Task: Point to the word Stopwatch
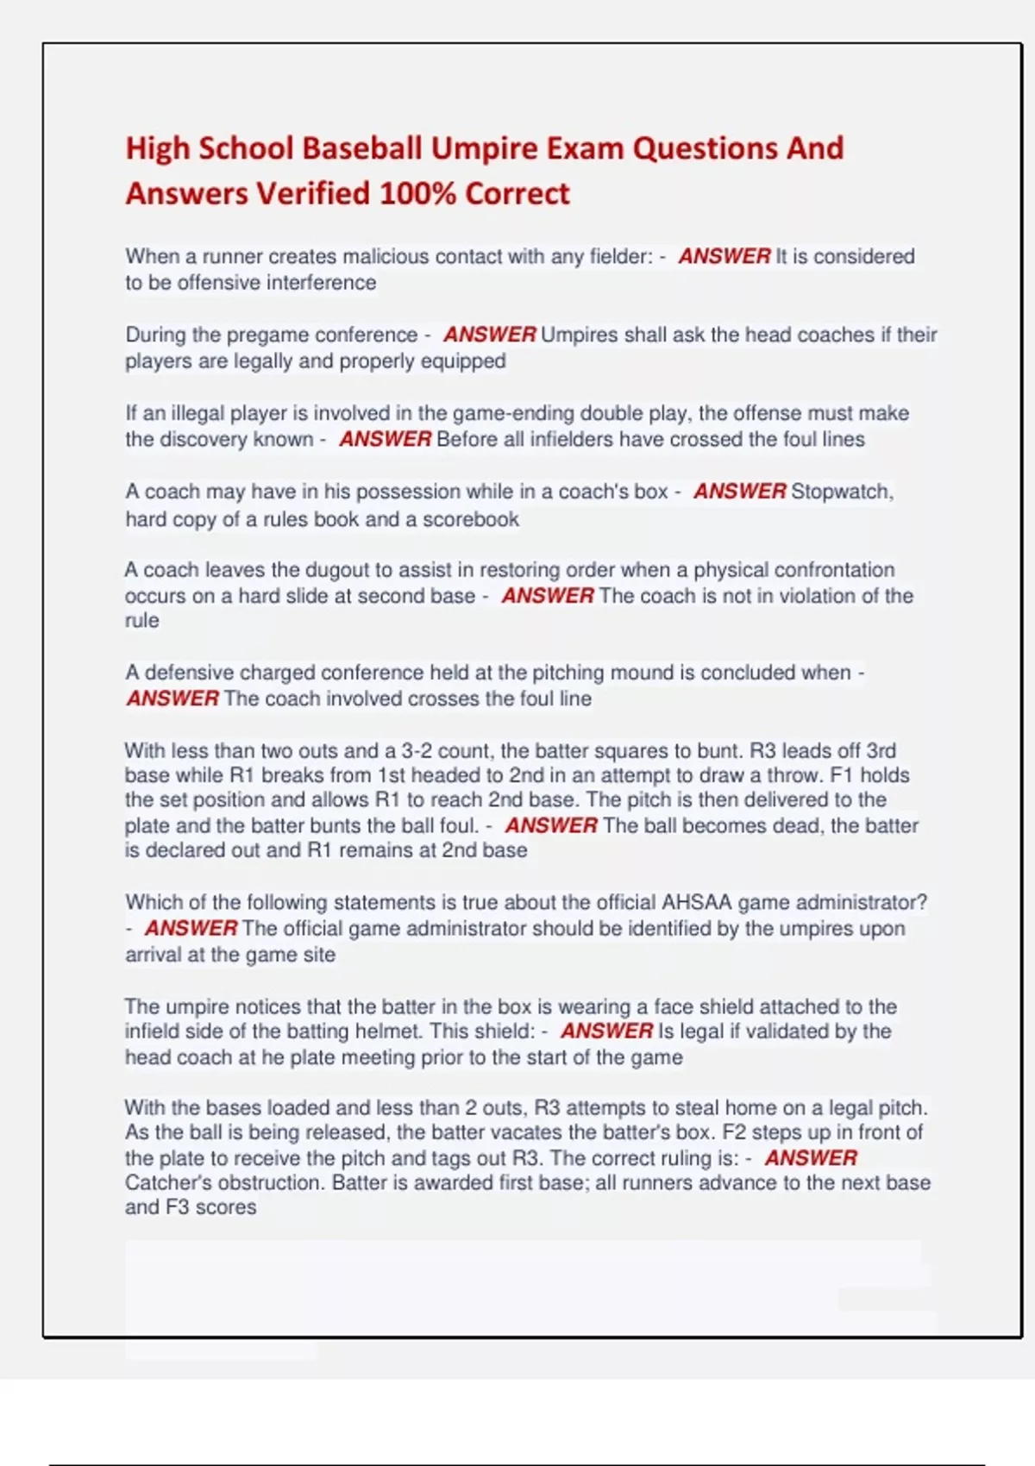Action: pos(842,492)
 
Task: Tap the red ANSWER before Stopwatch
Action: pos(739,492)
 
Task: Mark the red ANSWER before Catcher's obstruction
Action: pos(811,1158)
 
